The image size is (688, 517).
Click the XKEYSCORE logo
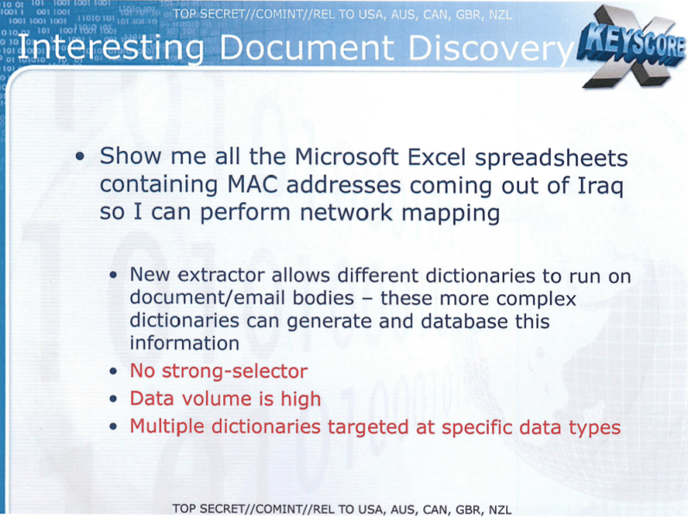[x=632, y=47]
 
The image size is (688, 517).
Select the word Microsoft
[x=347, y=156]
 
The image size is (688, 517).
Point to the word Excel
[x=436, y=157]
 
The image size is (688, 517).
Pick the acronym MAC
[x=253, y=185]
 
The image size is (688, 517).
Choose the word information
[x=185, y=343]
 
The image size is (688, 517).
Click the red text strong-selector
[x=235, y=372]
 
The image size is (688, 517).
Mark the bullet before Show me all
[x=79, y=157]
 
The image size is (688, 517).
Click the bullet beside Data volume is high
[x=113, y=400]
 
